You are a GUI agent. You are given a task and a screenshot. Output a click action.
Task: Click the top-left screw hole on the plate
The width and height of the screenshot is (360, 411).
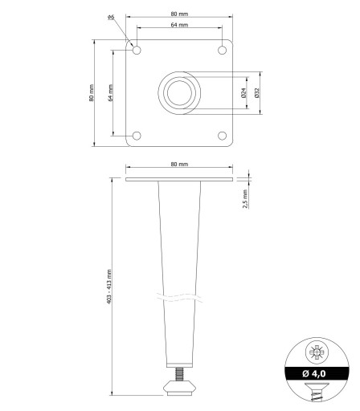137,50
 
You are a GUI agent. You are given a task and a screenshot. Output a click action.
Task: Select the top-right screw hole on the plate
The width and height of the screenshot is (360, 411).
222,50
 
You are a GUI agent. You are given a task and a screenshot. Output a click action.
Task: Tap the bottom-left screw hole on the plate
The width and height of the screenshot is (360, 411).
137,136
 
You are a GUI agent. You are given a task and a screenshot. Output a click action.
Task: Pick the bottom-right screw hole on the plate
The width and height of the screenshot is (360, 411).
222,136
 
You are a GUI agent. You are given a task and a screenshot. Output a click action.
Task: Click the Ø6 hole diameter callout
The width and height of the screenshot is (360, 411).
111,17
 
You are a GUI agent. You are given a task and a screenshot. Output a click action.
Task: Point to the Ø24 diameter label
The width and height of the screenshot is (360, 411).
243,92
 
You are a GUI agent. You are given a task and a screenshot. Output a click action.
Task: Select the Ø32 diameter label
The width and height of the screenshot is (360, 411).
257,92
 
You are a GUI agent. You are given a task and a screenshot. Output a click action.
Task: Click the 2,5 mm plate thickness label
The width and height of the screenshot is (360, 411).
245,199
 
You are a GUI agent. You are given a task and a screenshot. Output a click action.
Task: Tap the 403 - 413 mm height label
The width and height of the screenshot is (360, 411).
109,287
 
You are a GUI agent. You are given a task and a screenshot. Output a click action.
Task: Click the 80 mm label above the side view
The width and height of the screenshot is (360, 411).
179,164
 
